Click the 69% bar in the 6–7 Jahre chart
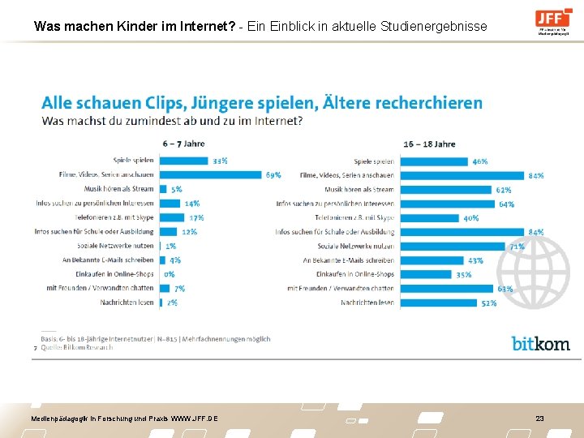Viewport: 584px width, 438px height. point(211,175)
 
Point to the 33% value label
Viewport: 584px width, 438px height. point(220,161)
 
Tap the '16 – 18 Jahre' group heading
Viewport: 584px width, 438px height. point(429,144)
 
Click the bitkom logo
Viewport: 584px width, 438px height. point(540,343)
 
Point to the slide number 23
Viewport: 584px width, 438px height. point(539,418)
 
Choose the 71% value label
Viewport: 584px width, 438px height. point(517,246)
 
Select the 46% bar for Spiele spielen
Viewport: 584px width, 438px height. point(434,161)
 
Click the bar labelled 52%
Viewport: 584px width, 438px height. point(438,303)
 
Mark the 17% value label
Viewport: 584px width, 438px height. point(196,217)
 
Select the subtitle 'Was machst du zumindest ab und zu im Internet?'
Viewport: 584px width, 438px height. point(173,121)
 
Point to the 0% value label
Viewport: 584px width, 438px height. point(170,274)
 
